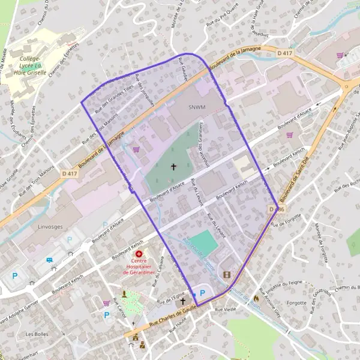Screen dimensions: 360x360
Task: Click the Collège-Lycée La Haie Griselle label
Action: pos(33,65)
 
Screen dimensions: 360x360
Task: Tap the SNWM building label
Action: pos(196,107)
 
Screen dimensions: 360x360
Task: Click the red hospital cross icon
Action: pos(139,254)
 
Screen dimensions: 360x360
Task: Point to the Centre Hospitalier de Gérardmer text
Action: pos(139,266)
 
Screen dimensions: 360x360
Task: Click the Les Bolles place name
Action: pos(37,334)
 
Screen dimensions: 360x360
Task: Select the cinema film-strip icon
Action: pos(226,275)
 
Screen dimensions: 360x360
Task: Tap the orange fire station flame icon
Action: pos(257,297)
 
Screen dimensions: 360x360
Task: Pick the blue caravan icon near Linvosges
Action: pos(50,260)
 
